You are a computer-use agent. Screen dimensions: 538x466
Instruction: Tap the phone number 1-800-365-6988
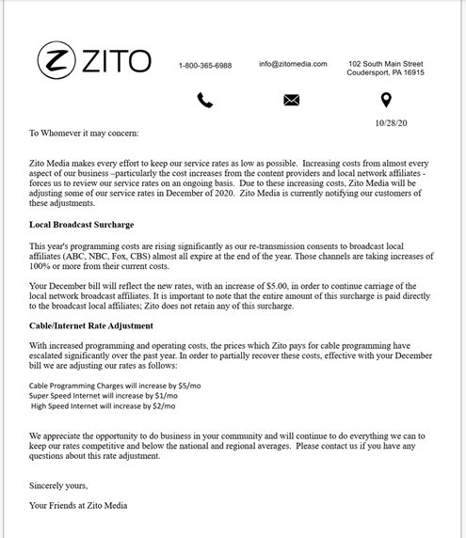(x=205, y=66)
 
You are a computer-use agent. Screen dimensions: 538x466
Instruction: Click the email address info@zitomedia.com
(x=293, y=64)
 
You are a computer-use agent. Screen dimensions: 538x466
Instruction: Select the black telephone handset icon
(x=205, y=101)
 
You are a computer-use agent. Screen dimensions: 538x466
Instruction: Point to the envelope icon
(x=292, y=101)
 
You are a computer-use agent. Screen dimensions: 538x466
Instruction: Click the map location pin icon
(x=385, y=100)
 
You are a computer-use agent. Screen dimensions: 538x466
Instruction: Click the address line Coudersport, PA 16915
(x=385, y=72)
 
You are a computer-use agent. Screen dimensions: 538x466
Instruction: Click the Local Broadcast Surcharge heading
(x=81, y=225)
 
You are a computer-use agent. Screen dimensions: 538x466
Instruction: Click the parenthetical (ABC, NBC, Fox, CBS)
(x=121, y=256)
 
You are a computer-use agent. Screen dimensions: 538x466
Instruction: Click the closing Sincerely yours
(x=58, y=485)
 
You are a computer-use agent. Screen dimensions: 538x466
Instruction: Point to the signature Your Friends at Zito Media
(x=77, y=506)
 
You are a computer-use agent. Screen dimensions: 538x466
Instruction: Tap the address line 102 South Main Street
(x=385, y=63)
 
